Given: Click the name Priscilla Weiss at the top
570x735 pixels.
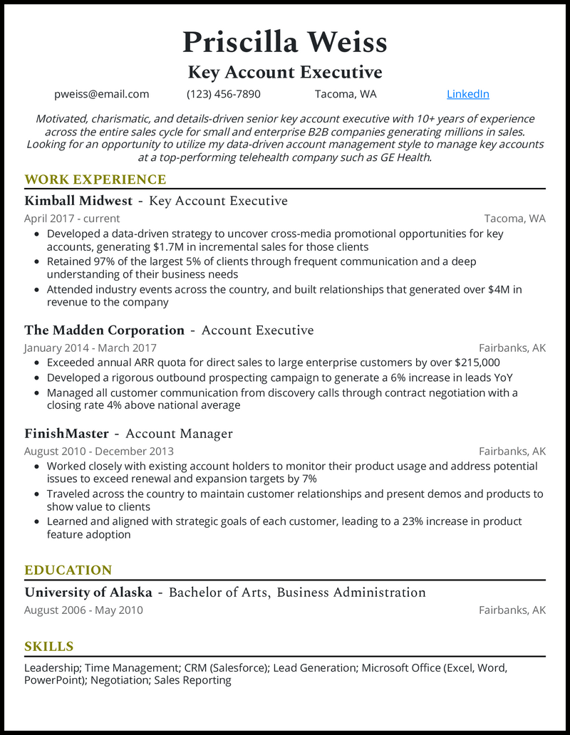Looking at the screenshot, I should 284,42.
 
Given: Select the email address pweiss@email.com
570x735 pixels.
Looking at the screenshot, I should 102,94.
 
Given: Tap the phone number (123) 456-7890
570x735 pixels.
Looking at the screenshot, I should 224,94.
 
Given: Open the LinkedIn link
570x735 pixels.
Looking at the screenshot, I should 467,94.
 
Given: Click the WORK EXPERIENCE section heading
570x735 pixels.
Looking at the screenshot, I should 95,179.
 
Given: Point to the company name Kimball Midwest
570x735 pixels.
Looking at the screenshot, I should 78,201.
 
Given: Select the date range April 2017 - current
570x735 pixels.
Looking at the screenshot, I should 72,219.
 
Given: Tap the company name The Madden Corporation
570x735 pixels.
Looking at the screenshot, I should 104,330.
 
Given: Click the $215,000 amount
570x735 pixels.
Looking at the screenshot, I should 473,363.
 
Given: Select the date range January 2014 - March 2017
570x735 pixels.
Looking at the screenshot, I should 90,348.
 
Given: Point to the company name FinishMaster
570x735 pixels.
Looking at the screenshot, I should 66,434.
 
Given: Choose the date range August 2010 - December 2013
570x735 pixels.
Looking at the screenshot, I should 98,451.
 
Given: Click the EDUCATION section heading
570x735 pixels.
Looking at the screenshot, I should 68,570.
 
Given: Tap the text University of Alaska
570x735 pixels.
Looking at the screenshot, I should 88,593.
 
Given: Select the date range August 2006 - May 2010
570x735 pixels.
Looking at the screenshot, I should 83,610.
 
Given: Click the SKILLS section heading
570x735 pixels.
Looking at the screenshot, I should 49,647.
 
